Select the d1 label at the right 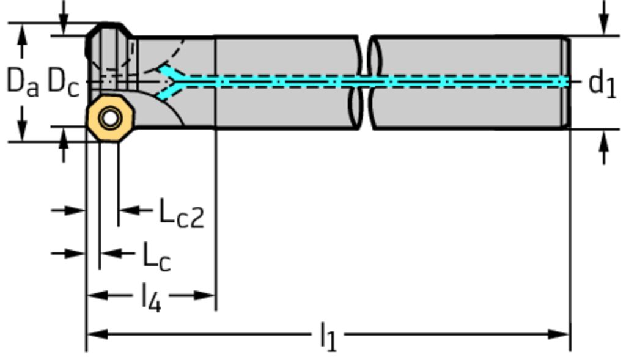[602, 83]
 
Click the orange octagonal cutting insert [110, 119]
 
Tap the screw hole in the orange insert [110, 118]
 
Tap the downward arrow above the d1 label [604, 27]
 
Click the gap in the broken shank [366, 82]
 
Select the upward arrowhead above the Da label [23, 34]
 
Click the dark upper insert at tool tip [110, 46]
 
